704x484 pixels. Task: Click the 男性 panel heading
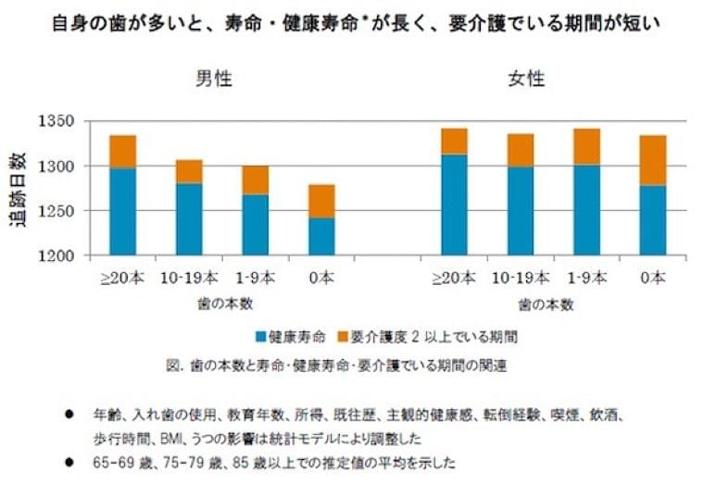click(213, 80)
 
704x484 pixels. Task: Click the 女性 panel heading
click(527, 80)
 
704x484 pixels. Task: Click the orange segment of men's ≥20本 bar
click(123, 152)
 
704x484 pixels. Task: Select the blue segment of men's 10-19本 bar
click(189, 219)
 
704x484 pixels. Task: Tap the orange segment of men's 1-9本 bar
click(255, 180)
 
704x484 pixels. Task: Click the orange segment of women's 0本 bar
click(653, 160)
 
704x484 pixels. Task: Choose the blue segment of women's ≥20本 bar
click(454, 205)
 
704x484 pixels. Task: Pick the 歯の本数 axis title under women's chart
click(547, 303)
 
